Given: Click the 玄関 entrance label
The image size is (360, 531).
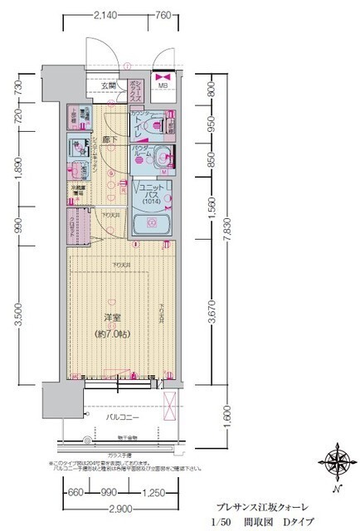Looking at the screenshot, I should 109,85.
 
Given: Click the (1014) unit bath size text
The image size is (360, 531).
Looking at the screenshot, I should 152,201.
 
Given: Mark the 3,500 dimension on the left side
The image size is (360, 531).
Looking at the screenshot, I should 19,315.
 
